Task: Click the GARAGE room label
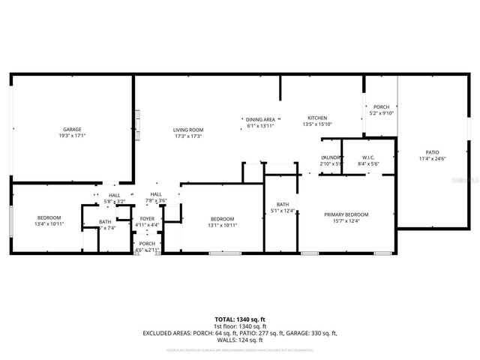tap(72, 130)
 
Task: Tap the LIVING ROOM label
tap(188, 130)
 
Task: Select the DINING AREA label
tap(261, 119)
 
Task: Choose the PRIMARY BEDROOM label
tap(346, 214)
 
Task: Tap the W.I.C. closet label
tap(368, 157)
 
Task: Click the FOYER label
tap(147, 218)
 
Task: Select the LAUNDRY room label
tap(331, 157)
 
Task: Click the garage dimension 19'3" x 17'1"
tap(72, 136)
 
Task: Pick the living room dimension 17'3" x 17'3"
tap(188, 136)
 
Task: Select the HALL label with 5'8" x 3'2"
tap(114, 195)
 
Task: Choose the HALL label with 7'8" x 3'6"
tap(156, 195)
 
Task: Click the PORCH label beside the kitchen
tap(382, 106)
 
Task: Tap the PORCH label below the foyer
tap(147, 244)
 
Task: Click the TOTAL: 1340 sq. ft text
tap(240, 319)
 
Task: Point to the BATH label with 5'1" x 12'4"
tap(283, 205)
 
